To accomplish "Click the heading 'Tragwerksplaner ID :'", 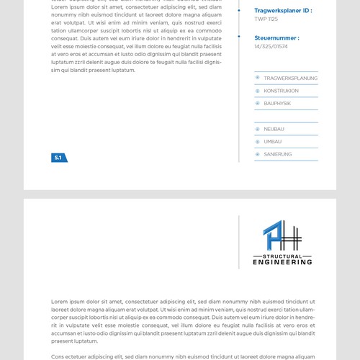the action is (x=283, y=10).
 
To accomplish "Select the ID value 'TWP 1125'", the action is (x=266, y=19).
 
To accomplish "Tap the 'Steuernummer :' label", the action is (x=276, y=37).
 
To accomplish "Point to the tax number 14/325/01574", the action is (x=271, y=47).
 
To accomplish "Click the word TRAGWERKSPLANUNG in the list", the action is (x=290, y=78).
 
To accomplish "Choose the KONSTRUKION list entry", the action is (x=281, y=91).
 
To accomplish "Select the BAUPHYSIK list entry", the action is (x=277, y=104).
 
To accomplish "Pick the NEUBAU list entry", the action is (x=274, y=129).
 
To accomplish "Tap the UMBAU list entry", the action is (x=272, y=142).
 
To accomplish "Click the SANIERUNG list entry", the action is (x=277, y=155).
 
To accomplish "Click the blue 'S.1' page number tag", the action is (x=59, y=158).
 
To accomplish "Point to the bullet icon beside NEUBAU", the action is (x=257, y=129).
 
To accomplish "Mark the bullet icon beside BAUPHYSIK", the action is (x=257, y=104).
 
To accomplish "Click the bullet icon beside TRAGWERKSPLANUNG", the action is (x=257, y=78).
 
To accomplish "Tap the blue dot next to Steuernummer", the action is (x=239, y=37).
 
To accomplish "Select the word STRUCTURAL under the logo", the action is (x=282, y=255).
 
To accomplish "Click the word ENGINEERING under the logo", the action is (x=282, y=262).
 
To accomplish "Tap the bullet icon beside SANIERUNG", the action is (x=257, y=155).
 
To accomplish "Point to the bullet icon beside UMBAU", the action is (x=257, y=142).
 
